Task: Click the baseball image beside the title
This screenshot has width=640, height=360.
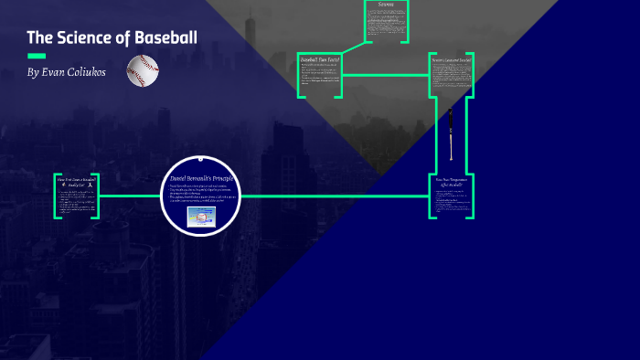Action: (143, 69)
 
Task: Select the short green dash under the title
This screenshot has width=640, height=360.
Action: (37, 56)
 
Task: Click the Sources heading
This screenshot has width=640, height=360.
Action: (385, 5)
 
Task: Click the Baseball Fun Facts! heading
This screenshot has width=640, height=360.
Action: (320, 60)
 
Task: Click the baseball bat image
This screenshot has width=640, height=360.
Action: (450, 133)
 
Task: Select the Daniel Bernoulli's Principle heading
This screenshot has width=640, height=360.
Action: (201, 178)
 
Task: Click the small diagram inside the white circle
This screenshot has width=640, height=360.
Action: (201, 217)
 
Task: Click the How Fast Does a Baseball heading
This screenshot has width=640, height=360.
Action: (76, 180)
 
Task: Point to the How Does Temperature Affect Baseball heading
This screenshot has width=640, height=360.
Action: (453, 183)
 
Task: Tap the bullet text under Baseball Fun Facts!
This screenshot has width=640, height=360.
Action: (319, 79)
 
